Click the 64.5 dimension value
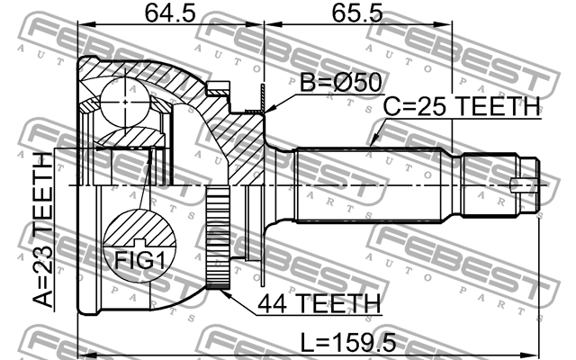pos(170,13)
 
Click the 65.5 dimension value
pos(357,13)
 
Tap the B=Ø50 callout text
pos(341,82)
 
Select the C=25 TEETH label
pos(462,106)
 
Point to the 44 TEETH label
pos(319,304)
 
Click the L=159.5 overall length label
pos(348,342)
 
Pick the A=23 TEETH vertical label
pos(42,230)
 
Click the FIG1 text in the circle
pos(139,260)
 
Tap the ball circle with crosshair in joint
pos(125,102)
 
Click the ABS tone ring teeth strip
pos(218,238)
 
